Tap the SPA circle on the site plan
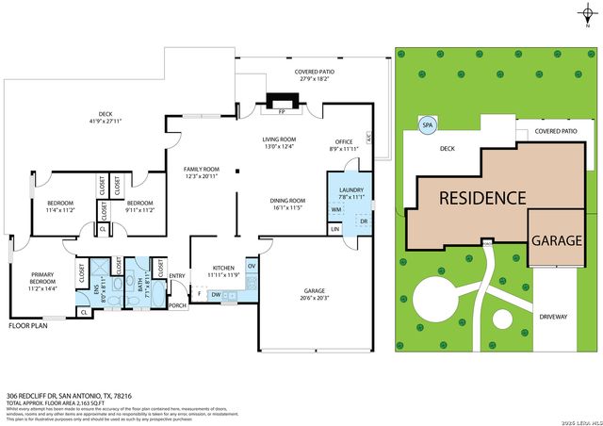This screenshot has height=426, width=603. point(427,124)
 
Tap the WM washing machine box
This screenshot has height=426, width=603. point(336,209)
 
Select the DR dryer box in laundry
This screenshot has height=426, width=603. point(363,221)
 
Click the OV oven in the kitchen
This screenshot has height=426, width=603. point(251,267)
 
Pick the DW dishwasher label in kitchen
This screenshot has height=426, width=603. point(217,295)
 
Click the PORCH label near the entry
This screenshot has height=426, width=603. point(177,305)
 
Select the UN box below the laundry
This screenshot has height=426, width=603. point(334,229)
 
